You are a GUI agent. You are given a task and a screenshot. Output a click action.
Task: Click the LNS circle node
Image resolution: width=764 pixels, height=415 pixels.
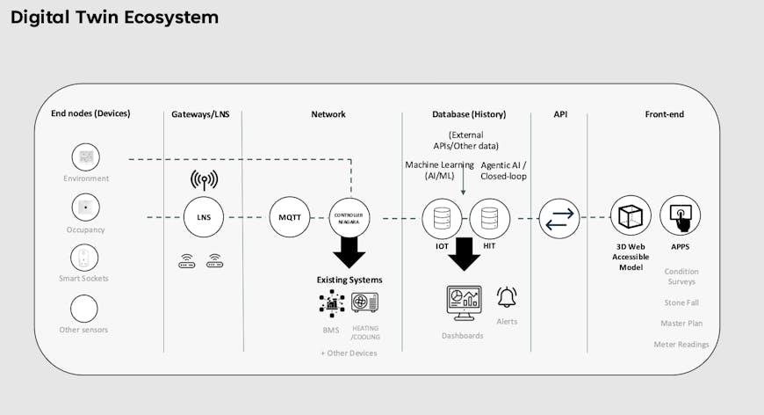(204, 217)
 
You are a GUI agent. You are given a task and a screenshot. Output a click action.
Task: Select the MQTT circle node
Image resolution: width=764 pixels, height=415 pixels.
(290, 217)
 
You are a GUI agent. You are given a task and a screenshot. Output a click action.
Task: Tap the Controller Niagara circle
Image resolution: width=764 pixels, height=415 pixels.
(350, 217)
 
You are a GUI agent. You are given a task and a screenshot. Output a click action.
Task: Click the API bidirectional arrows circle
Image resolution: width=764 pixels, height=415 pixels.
(559, 218)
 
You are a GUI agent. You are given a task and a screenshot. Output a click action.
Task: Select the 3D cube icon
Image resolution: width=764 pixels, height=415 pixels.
(631, 216)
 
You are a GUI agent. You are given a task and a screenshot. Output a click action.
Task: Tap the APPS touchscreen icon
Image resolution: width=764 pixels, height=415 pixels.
(680, 215)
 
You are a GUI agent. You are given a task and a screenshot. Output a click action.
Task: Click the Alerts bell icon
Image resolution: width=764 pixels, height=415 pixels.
(507, 296)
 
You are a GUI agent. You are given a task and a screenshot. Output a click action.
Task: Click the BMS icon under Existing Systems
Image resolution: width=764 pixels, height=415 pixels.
(331, 302)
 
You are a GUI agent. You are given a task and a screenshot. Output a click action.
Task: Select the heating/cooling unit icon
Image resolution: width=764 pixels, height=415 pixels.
(364, 302)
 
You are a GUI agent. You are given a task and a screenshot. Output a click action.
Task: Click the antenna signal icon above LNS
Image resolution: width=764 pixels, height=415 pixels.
(204, 180)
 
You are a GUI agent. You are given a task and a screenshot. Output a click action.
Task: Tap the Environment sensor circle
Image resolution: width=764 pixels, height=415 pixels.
(85, 157)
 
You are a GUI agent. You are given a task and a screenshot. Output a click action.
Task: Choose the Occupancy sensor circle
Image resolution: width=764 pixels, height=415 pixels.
(85, 208)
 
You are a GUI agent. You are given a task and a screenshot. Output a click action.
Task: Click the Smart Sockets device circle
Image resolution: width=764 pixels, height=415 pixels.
(84, 258)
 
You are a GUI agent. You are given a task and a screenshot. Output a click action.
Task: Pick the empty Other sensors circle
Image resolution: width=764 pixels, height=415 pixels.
(84, 309)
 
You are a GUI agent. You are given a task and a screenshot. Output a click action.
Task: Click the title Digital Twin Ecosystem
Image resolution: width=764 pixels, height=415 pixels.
(115, 18)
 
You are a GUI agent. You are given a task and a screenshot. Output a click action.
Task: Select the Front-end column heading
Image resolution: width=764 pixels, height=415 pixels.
(664, 114)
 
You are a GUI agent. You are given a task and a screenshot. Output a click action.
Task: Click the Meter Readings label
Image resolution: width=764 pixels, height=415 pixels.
(681, 345)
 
